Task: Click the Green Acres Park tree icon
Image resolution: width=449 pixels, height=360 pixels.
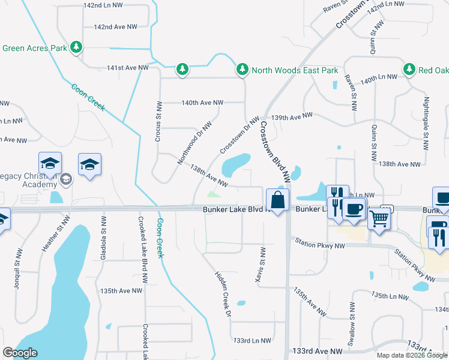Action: pos(76,47)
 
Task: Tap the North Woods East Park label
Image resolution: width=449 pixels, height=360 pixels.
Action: pos(295,70)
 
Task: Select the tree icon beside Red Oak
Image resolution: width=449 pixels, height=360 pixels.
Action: pos(411,70)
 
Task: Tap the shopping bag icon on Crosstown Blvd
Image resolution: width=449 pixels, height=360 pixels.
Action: pos(278,200)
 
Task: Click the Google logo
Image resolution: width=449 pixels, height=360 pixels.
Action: pos(20,353)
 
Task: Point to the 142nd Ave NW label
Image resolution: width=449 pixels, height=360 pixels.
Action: pos(116,27)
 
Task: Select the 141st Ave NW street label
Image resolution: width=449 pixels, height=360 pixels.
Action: pos(127,68)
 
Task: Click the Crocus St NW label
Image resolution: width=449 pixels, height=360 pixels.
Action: pos(160,118)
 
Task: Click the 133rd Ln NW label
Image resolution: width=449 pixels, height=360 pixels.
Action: pos(252,340)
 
